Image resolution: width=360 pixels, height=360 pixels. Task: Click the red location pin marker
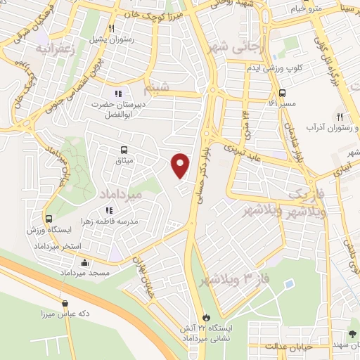click(181, 165)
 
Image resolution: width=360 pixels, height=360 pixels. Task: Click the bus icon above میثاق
click(124, 149)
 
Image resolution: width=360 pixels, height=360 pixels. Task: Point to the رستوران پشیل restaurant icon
click(111, 28)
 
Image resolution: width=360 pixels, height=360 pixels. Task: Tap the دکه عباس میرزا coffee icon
click(65, 304)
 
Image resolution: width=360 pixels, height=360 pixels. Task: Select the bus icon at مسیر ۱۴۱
click(282, 93)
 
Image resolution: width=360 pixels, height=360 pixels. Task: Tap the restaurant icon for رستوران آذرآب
click(339, 116)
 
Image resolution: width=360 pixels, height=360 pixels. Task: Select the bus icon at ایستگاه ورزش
click(49, 219)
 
